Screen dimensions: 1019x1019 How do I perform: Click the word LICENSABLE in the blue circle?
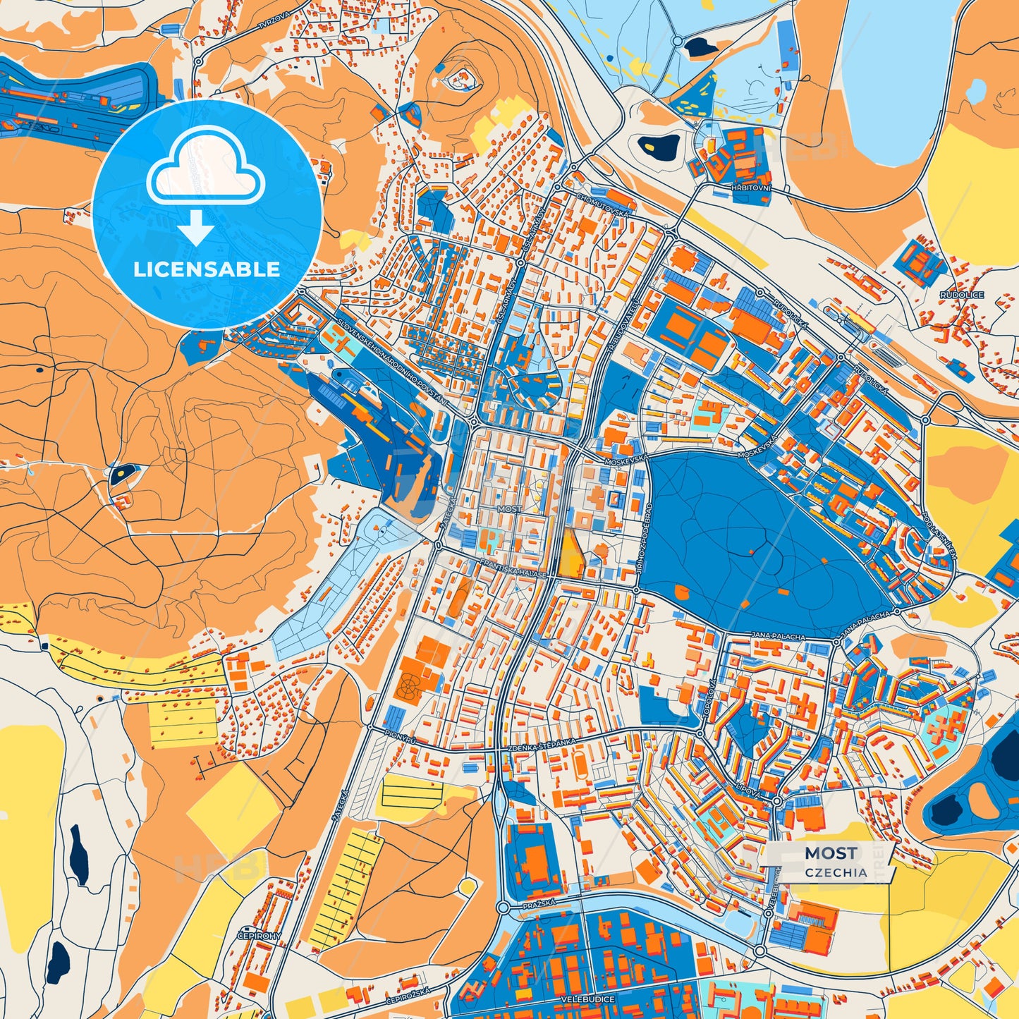tap(207, 269)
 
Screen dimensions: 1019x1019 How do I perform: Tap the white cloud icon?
tap(205, 173)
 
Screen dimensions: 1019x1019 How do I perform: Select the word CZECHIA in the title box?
tap(836, 872)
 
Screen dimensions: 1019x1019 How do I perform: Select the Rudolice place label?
tap(961, 295)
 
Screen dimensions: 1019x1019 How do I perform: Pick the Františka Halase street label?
tap(512, 569)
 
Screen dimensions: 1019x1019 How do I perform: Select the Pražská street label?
tap(539, 903)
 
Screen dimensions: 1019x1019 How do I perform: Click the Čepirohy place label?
tap(260, 936)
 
